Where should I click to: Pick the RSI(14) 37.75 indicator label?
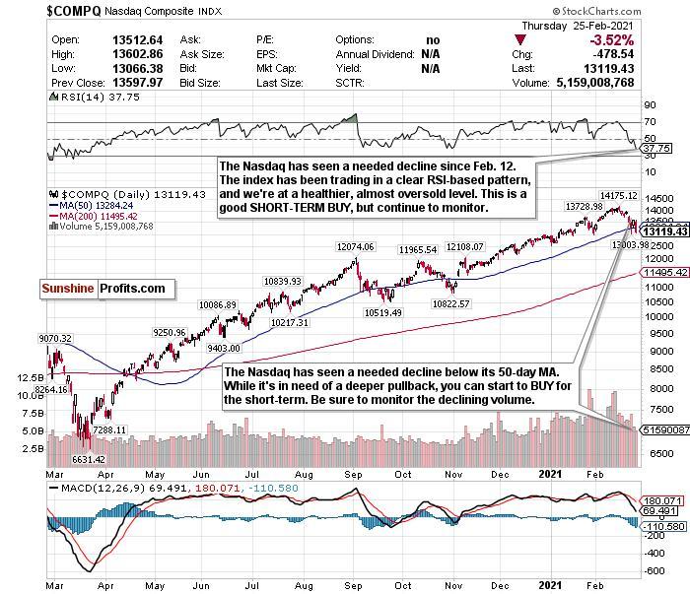pos(84,96)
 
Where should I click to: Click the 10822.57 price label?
pos(450,303)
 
